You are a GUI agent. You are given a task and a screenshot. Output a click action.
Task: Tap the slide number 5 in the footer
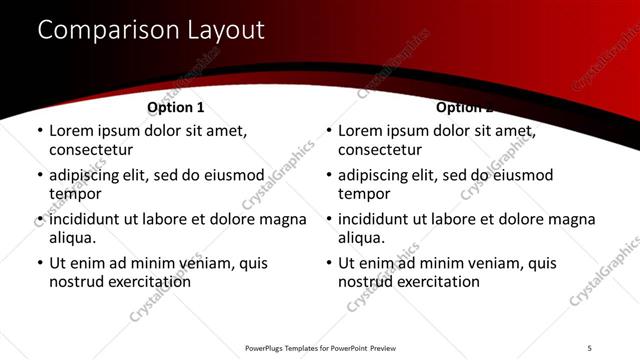click(x=589, y=347)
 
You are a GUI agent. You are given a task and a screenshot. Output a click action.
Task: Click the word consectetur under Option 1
click(x=91, y=150)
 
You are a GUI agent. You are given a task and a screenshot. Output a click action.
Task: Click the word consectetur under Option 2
click(x=380, y=150)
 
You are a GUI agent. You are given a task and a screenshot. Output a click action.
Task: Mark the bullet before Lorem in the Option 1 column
click(x=39, y=131)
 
